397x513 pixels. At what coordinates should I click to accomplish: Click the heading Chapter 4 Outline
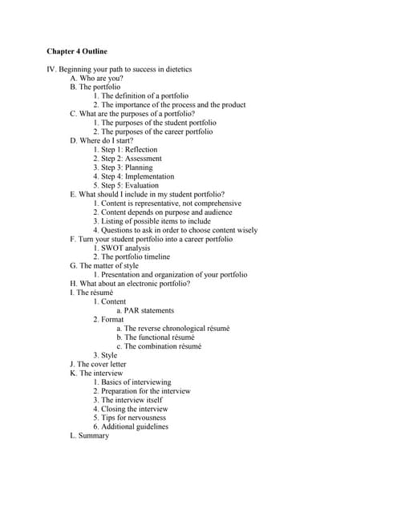tap(77, 51)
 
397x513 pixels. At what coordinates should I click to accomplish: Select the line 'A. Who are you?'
tap(96, 78)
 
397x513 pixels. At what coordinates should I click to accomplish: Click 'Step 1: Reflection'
tap(129, 149)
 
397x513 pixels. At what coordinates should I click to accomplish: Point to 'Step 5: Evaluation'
tap(130, 185)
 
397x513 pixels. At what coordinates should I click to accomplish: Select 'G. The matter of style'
tap(104, 265)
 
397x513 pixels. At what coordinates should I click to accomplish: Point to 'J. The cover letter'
tap(98, 364)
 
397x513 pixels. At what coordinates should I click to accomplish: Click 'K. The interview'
tap(96, 373)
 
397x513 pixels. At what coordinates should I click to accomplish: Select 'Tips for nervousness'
tap(133, 418)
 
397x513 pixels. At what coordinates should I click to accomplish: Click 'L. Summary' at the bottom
tap(89, 435)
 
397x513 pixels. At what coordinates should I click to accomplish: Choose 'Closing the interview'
tap(134, 409)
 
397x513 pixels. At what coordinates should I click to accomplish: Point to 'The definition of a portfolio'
tap(145, 95)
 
